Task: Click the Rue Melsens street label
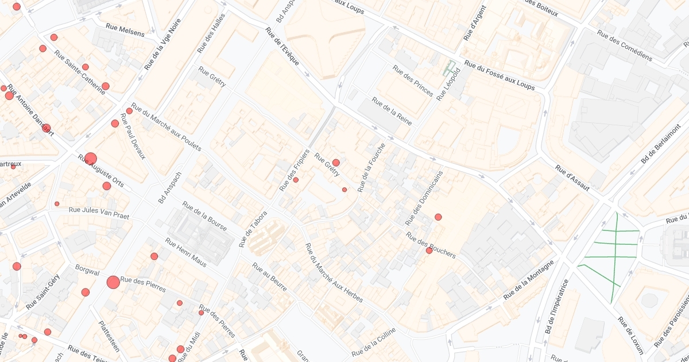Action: [126, 30]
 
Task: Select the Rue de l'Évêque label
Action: [284, 47]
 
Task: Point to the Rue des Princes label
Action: [413, 80]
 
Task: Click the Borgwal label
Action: [87, 271]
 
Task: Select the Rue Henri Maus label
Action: [185, 252]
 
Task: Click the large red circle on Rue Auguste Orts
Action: [91, 159]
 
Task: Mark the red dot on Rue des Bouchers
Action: [429, 251]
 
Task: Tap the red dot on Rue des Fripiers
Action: [296, 180]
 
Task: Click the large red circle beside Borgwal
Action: [113, 282]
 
